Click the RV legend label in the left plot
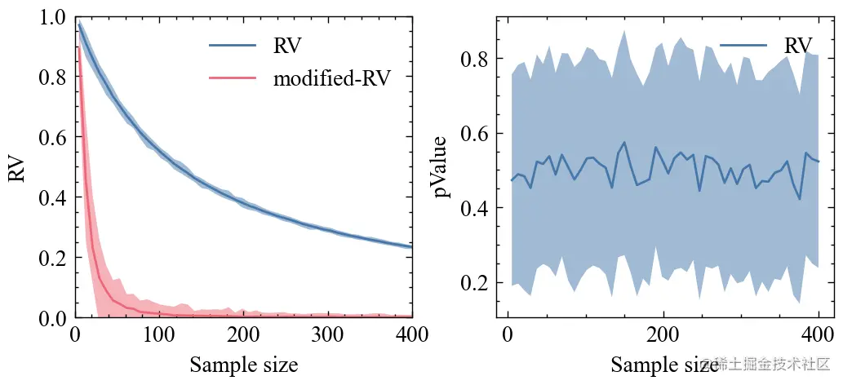(287, 46)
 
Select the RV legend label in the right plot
(798, 46)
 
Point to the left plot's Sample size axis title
(243, 365)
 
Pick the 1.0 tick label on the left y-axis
(51, 18)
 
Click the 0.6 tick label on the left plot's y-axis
(51, 138)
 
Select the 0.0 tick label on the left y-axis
(51, 317)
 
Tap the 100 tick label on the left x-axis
(159, 335)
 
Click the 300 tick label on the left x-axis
(327, 335)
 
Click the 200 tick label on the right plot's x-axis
(663, 335)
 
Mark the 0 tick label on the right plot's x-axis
(508, 335)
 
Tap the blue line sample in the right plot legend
(743, 46)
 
